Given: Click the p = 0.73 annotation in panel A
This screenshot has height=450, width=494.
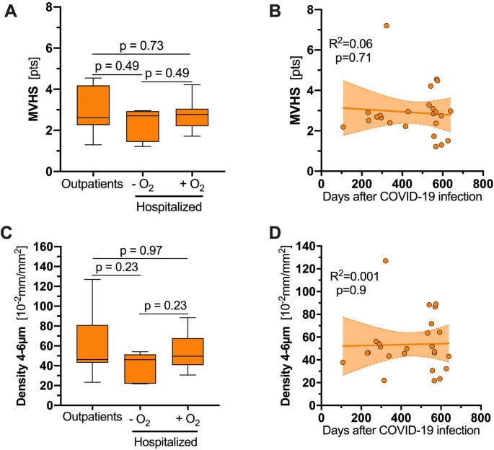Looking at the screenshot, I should [x=141, y=46].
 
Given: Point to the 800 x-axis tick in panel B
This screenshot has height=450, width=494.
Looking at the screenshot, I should [x=482, y=183].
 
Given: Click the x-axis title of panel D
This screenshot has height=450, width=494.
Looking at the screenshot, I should [x=402, y=431].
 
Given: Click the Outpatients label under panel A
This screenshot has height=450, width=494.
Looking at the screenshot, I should [x=92, y=183].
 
